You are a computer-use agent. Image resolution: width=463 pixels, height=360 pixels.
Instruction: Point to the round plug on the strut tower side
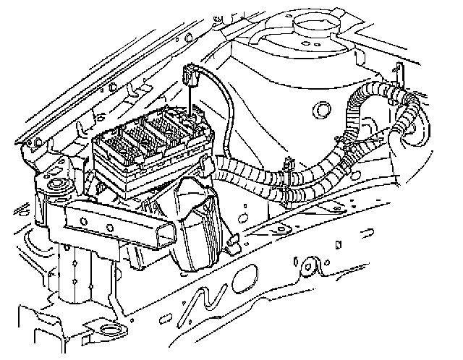(319, 111)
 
